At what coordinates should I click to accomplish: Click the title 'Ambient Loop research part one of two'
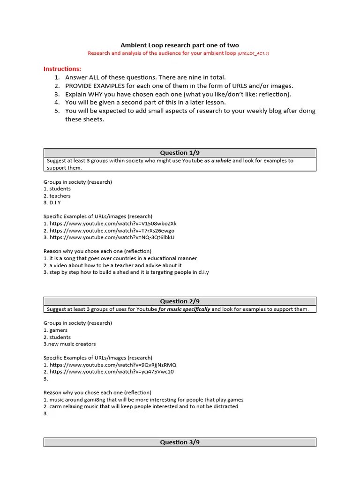click(180, 45)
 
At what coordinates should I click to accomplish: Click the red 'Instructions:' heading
click(62, 68)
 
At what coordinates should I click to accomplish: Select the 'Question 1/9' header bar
click(180, 153)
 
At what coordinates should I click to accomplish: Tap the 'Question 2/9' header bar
click(180, 301)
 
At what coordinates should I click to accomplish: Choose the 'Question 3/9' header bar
click(180, 442)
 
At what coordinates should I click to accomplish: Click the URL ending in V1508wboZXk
click(113, 224)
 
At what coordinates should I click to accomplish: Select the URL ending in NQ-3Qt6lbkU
click(112, 237)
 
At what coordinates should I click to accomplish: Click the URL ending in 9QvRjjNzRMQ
click(113, 365)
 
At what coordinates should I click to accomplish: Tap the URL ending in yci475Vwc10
click(111, 372)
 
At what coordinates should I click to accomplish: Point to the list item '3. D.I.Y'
click(52, 202)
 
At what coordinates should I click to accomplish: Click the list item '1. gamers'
click(55, 330)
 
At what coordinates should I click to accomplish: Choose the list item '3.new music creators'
click(69, 344)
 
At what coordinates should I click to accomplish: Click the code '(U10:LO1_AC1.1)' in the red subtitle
click(253, 54)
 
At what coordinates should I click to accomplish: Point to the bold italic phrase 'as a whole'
click(217, 161)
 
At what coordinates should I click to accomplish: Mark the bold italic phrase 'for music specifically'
click(184, 309)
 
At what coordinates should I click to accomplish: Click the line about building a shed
click(126, 272)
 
